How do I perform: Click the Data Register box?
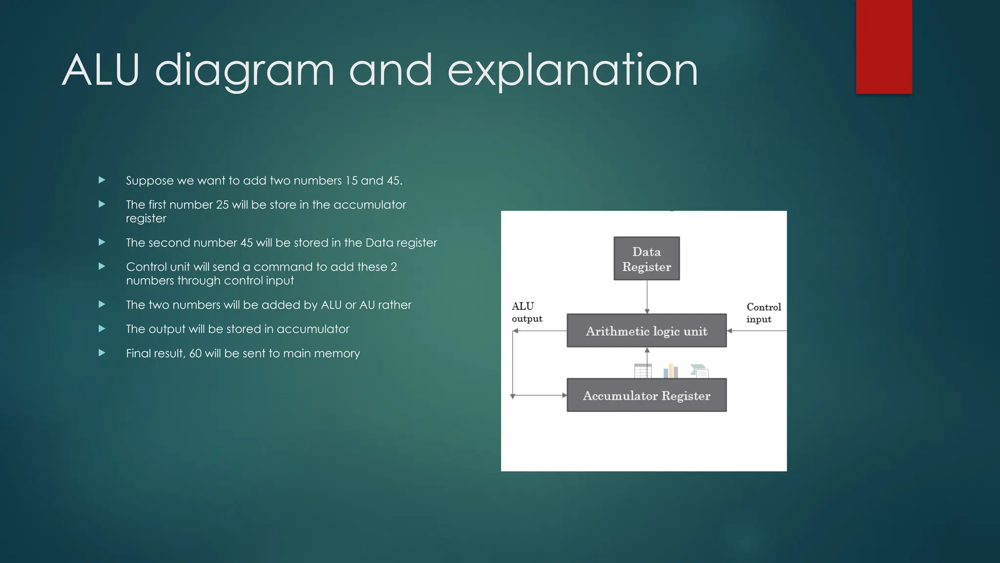tap(646, 259)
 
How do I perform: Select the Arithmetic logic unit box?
tap(646, 331)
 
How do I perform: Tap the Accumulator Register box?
tap(646, 395)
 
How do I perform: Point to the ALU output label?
tap(526, 312)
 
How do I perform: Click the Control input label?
tap(763, 313)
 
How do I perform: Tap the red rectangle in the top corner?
tap(884, 46)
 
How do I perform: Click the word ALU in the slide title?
tap(101, 70)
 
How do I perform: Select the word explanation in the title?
tap(572, 71)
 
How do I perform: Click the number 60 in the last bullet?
tap(195, 353)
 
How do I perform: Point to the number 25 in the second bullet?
tap(222, 205)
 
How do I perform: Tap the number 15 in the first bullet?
tap(352, 181)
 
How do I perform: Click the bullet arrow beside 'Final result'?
tap(102, 353)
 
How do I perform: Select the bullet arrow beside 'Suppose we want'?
tap(102, 180)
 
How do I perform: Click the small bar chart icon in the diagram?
tap(671, 371)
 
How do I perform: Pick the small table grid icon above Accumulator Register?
tap(643, 371)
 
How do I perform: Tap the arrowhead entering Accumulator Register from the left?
tap(564, 395)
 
